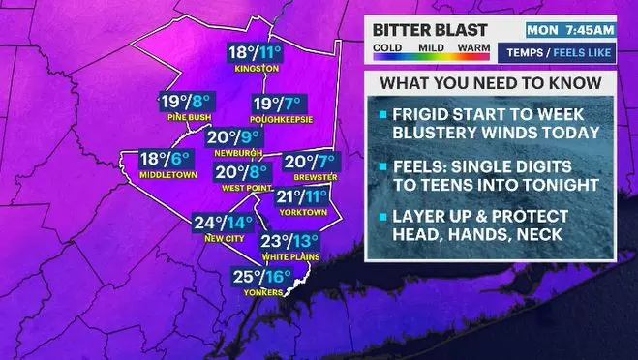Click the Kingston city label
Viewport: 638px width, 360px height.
click(257, 70)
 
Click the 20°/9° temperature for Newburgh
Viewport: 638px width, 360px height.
click(234, 137)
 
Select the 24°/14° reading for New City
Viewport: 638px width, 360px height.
click(223, 223)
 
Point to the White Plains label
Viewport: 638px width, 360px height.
click(290, 257)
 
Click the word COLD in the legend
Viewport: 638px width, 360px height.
click(388, 45)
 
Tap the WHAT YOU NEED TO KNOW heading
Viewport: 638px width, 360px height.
click(490, 83)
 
